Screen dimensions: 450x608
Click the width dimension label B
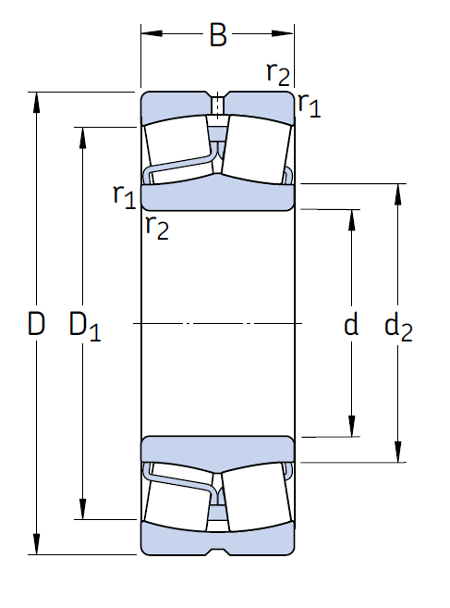218,35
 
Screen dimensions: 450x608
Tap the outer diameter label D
36,323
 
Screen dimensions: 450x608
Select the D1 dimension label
85,326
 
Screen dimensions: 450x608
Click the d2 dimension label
398,327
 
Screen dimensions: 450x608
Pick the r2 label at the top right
278,73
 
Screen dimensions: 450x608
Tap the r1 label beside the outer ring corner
310,105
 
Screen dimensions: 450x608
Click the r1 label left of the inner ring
125,196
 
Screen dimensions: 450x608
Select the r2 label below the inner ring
157,228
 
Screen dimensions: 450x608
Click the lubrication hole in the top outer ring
218,104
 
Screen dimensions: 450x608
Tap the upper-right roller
257,149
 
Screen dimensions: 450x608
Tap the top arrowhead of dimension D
36,103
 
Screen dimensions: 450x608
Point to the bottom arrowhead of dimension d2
397,452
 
